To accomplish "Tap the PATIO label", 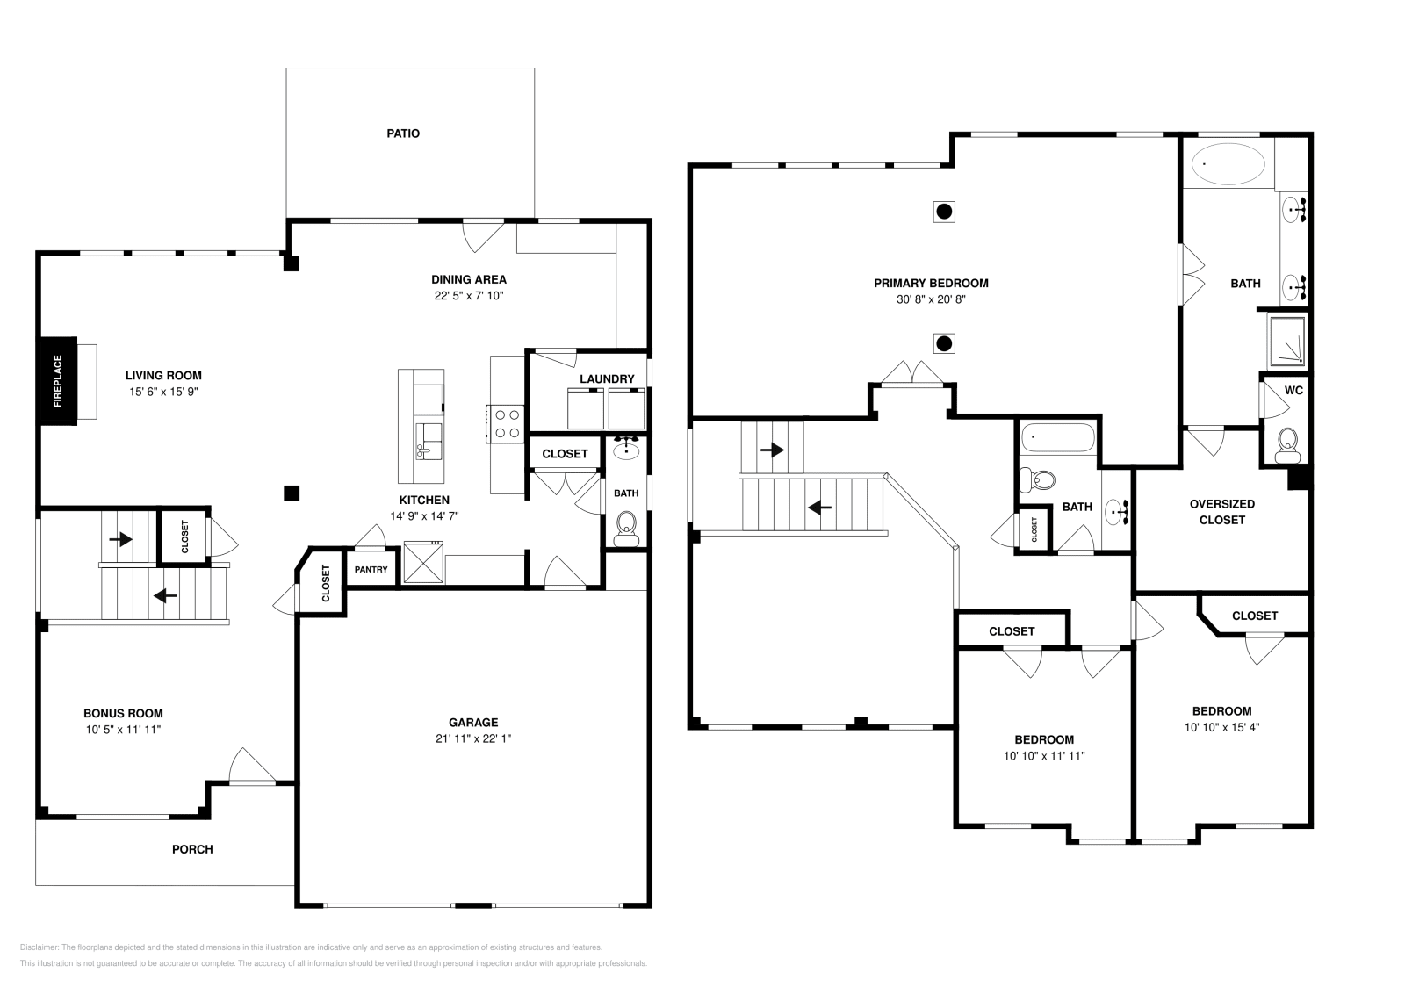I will (403, 133).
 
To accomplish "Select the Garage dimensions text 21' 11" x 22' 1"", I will (473, 738).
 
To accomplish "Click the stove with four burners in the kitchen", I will (507, 423).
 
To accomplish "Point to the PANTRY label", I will (371, 569).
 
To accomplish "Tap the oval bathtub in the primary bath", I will (1228, 164).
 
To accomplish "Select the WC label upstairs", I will (1293, 390).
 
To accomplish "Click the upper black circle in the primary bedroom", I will (944, 211).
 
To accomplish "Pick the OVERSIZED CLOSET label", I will (1221, 512).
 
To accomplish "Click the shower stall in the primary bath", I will (1287, 341).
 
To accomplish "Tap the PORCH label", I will (192, 849).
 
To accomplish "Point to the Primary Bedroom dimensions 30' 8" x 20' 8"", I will (931, 299).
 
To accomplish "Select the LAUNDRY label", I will (606, 379).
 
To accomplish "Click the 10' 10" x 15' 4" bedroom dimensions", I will (1221, 727).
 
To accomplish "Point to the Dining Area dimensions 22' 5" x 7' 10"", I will (468, 296).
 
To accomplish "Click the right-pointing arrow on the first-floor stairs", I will (120, 539).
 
